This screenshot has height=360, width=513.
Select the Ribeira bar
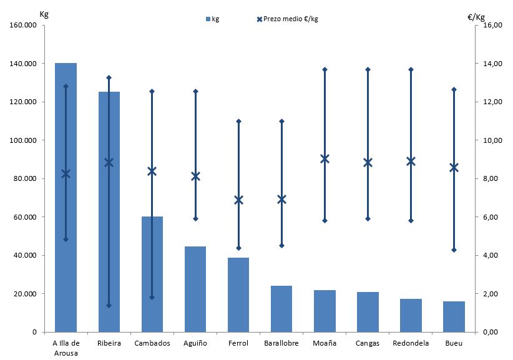pyautogui.click(x=109, y=212)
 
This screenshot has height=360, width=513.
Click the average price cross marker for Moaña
pyautogui.click(x=325, y=158)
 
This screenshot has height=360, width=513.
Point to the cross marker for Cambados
pyautogui.click(x=152, y=171)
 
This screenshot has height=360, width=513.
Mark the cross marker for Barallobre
pyautogui.click(x=281, y=199)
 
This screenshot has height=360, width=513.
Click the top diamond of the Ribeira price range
pyautogui.click(x=109, y=77)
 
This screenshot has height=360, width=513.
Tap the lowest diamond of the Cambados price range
pyautogui.click(x=152, y=297)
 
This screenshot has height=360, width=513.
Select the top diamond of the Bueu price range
pyautogui.click(x=454, y=90)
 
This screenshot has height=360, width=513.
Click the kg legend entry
pyautogui.click(x=212, y=19)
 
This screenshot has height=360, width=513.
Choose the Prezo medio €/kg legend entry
pyautogui.click(x=288, y=19)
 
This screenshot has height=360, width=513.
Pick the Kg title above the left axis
pyautogui.click(x=44, y=14)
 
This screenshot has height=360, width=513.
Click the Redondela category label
pyautogui.click(x=411, y=343)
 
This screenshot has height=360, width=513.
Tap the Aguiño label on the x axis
pyautogui.click(x=195, y=343)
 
